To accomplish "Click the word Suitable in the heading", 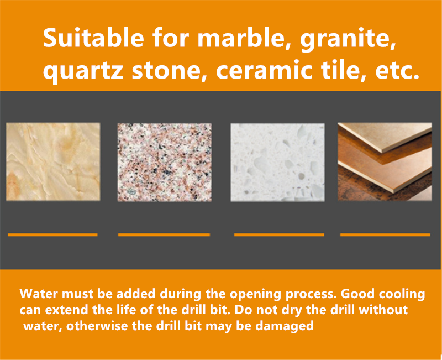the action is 93,38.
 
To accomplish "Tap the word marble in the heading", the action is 240,38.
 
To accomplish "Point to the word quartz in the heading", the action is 83,71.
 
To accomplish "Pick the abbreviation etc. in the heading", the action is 397,71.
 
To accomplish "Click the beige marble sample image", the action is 53,161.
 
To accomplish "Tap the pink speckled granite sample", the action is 165,162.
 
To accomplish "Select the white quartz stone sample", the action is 278,162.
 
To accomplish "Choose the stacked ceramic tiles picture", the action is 385,161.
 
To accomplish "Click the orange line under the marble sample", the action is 52,234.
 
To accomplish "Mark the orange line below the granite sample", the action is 164,234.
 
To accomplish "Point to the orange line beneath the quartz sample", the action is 279,234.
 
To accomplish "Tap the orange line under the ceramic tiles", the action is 385,234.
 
